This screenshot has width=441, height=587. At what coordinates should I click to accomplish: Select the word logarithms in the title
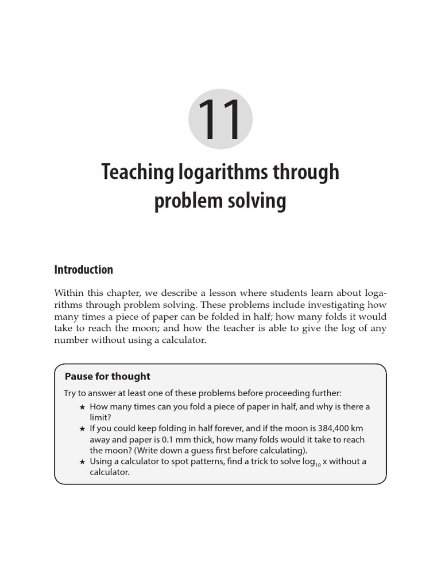tap(218, 172)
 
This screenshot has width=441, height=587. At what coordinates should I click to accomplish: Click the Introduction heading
tap(83, 269)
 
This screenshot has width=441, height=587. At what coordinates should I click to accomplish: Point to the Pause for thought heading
tap(107, 376)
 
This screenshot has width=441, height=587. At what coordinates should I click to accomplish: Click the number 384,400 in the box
tap(336, 428)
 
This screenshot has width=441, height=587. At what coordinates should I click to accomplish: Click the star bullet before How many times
tap(82, 407)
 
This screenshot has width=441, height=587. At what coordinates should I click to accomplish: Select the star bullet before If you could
tap(82, 429)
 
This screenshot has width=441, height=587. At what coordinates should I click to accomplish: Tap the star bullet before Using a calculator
tap(82, 461)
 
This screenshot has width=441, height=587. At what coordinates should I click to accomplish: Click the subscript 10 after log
tap(318, 464)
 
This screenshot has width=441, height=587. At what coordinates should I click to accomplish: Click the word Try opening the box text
tap(71, 393)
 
